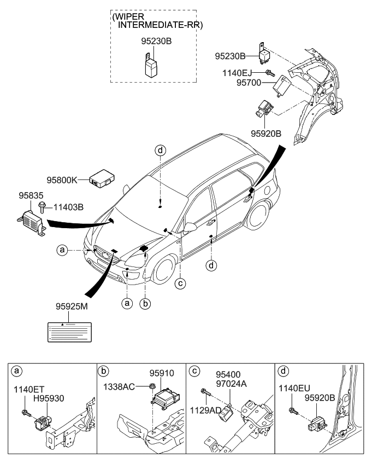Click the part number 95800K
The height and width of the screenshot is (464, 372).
tap(62, 179)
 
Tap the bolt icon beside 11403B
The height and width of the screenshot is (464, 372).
tap(42, 207)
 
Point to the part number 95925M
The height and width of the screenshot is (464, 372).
tap(72, 307)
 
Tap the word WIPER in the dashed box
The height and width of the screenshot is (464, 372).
tap(128, 17)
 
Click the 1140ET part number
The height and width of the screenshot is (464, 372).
tap(28, 390)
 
